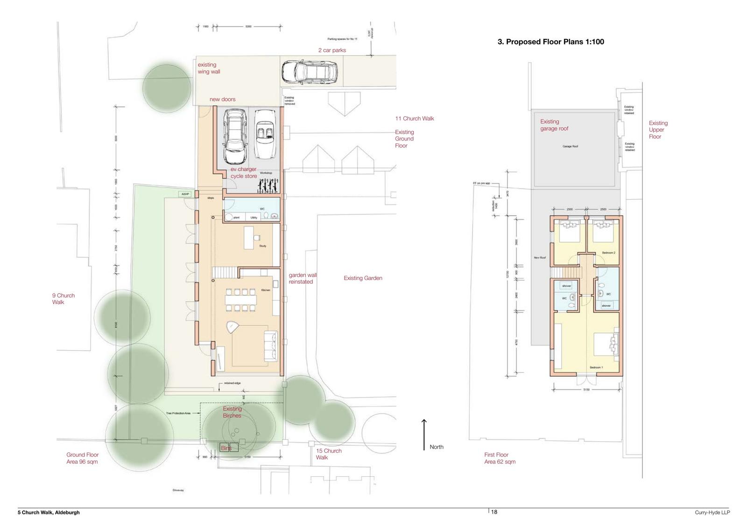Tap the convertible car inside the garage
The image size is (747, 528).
pyautogui.click(x=265, y=135)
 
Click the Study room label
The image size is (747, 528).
pyautogui.click(x=262, y=246)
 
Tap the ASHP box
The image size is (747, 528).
pyautogui.click(x=184, y=194)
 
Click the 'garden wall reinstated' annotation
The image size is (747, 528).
pyautogui.click(x=302, y=279)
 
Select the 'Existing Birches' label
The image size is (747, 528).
pyautogui.click(x=232, y=412)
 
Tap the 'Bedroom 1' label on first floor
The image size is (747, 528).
pyautogui.click(x=596, y=368)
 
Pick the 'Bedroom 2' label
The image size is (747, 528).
pyautogui.click(x=608, y=253)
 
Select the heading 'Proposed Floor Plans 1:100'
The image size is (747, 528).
pyautogui.click(x=550, y=42)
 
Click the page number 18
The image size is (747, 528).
pyautogui.click(x=494, y=512)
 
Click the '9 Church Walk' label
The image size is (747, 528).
pyautogui.click(x=63, y=299)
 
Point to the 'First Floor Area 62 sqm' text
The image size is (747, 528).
pyautogui.click(x=500, y=458)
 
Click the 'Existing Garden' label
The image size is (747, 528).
pyautogui.click(x=363, y=278)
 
